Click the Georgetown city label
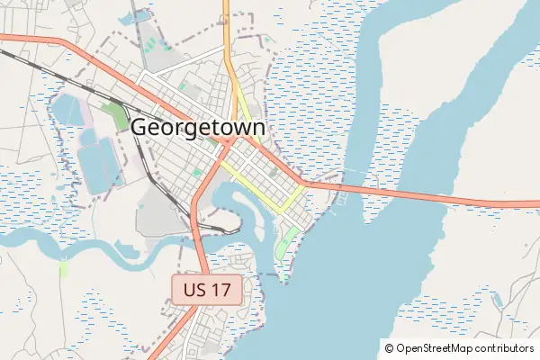coord(198,128)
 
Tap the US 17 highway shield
coord(206,290)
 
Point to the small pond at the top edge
coord(139,16)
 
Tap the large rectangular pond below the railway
coord(100,167)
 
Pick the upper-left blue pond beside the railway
coord(65,111)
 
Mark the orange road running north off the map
coord(229,36)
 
